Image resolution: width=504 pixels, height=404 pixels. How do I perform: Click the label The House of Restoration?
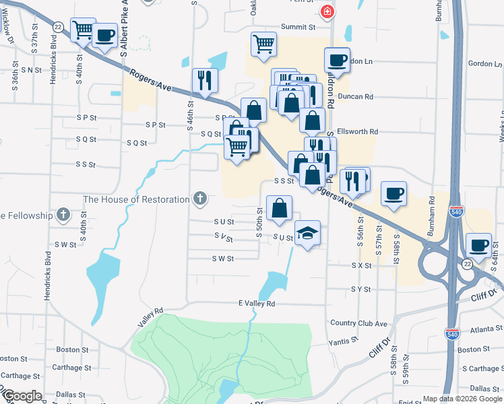pos(136,199)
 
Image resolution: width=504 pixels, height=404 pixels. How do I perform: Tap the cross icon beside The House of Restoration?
pos(199,199)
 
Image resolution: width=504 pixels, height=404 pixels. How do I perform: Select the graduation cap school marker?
pos(307,233)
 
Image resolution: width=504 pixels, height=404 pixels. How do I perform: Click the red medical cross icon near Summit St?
pos(327,11)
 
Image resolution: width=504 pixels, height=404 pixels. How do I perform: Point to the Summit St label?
pos(298,27)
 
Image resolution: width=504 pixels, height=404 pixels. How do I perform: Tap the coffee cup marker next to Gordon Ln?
pos(337,60)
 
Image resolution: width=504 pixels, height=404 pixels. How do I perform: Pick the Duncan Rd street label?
pos(359,97)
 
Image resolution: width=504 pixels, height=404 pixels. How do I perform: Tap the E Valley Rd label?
pos(257,304)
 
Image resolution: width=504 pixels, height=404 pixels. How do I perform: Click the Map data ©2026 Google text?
pos(462,399)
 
